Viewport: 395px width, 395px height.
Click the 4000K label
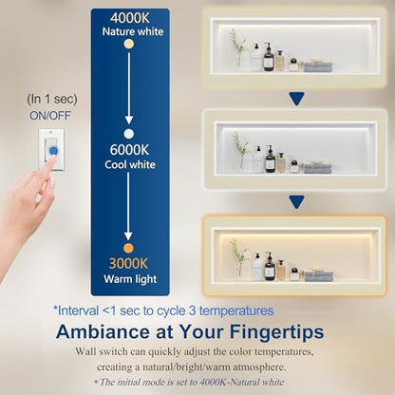[x=130, y=18]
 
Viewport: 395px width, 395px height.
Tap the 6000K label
[x=129, y=150]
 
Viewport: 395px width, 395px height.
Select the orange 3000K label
[x=128, y=263]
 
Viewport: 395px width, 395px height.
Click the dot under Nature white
[x=129, y=44]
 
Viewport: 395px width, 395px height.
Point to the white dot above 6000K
[x=128, y=134]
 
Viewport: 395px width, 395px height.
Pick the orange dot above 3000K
[x=128, y=248]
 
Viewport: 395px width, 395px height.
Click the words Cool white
[x=130, y=164]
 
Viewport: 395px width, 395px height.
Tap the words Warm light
[x=130, y=279]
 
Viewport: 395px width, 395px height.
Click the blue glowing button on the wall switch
[x=54, y=151]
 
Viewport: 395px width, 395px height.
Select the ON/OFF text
[x=50, y=116]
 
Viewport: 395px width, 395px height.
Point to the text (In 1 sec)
[x=52, y=99]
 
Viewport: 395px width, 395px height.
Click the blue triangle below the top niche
[x=296, y=99]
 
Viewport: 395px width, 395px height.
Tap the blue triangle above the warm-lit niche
[x=296, y=202]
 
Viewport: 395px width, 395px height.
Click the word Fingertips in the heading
[x=276, y=332]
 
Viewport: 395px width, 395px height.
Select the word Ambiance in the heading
[x=103, y=331]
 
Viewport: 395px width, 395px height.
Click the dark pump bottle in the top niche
[x=269, y=57]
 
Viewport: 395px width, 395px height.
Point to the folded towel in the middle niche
[x=318, y=167]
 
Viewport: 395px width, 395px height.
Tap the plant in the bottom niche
[x=239, y=258]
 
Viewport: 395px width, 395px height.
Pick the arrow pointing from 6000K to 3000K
[x=128, y=206]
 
